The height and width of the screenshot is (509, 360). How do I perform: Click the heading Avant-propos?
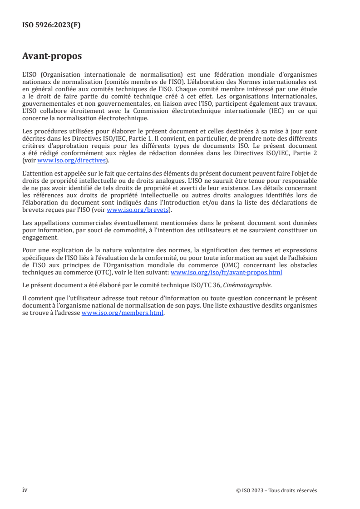point(52,57)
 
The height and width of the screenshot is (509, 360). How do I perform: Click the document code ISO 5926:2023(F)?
point(52,25)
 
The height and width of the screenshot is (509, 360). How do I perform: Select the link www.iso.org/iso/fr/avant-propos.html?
point(226,273)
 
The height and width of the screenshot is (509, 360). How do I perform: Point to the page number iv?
point(25,489)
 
